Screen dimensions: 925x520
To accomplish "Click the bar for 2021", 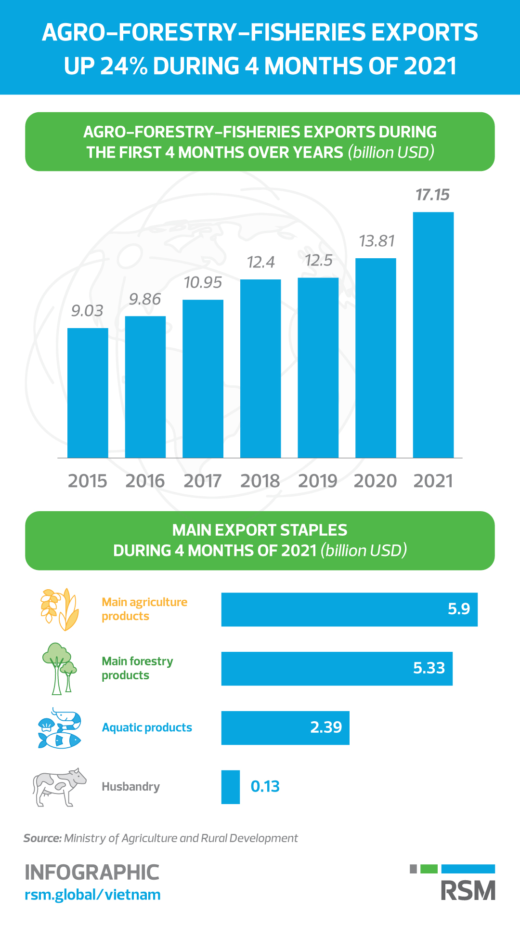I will point(433,335).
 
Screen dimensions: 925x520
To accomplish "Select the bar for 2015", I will point(88,393).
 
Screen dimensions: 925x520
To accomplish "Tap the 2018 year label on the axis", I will point(260,481).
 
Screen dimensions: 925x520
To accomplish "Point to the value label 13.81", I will point(377,241).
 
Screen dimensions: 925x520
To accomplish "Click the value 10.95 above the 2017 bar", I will point(203,282).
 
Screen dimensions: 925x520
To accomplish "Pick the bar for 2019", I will point(318,368).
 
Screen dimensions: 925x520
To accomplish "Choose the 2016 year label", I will point(145,481).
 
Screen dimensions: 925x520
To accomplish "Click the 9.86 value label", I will point(145,299).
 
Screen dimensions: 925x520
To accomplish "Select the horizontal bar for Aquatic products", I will point(285,727).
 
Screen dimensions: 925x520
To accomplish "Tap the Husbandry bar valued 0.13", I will point(231,787).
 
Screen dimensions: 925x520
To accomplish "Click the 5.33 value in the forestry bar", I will point(429,668).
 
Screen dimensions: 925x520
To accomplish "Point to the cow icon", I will point(59,787).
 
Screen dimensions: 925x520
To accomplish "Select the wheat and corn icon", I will point(59,609).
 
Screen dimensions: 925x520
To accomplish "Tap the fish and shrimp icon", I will point(59,727).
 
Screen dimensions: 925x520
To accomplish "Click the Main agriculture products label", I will point(144,609).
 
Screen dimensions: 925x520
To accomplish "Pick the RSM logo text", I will point(468,891).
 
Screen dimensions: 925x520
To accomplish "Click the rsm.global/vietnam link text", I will point(92,895).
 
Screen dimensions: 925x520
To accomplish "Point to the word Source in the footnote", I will point(42,838).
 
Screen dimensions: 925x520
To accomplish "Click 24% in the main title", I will point(123,66).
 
